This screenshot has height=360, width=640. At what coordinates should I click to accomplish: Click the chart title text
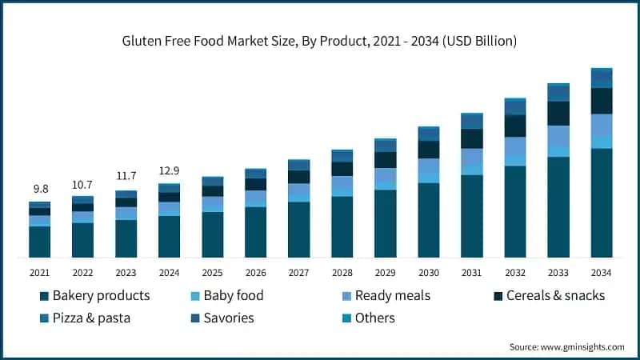(320, 41)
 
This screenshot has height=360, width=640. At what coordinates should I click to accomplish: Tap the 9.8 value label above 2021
(40, 189)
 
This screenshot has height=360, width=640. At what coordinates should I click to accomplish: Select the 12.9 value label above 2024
(169, 170)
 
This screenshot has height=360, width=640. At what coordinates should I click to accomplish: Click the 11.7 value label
(126, 177)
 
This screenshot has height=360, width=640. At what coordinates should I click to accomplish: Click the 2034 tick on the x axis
(601, 273)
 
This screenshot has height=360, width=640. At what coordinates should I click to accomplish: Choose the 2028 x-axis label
(342, 273)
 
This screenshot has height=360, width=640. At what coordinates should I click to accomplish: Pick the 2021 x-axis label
(40, 273)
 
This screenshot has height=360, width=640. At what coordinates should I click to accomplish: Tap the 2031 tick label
(471, 273)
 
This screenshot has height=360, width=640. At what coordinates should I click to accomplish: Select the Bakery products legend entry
(94, 296)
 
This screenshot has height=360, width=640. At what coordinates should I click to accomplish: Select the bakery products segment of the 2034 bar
(601, 203)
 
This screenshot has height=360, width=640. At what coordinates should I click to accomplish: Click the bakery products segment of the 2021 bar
(40, 242)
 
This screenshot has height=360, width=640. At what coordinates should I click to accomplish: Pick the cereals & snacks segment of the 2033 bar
(558, 114)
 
